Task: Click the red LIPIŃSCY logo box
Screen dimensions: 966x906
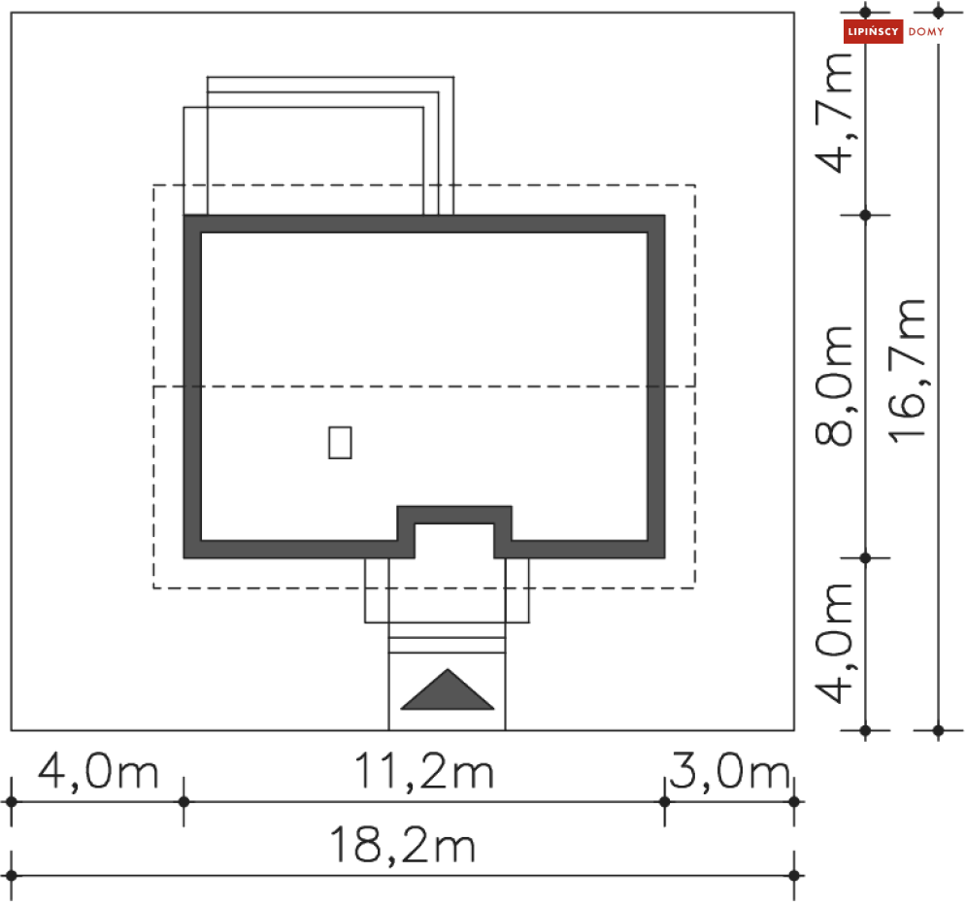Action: (873, 31)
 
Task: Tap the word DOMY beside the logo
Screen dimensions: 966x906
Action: (926, 31)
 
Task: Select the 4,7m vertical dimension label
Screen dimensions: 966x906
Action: (834, 114)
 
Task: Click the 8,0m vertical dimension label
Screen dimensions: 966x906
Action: (834, 386)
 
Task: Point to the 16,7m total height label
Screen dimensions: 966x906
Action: (907, 371)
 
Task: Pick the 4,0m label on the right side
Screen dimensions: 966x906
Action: (834, 644)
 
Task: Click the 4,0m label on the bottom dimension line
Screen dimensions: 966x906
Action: (98, 771)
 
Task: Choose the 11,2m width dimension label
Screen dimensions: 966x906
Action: (424, 771)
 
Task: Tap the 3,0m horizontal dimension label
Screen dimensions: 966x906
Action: (730, 771)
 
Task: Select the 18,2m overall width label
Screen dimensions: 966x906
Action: (403, 845)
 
